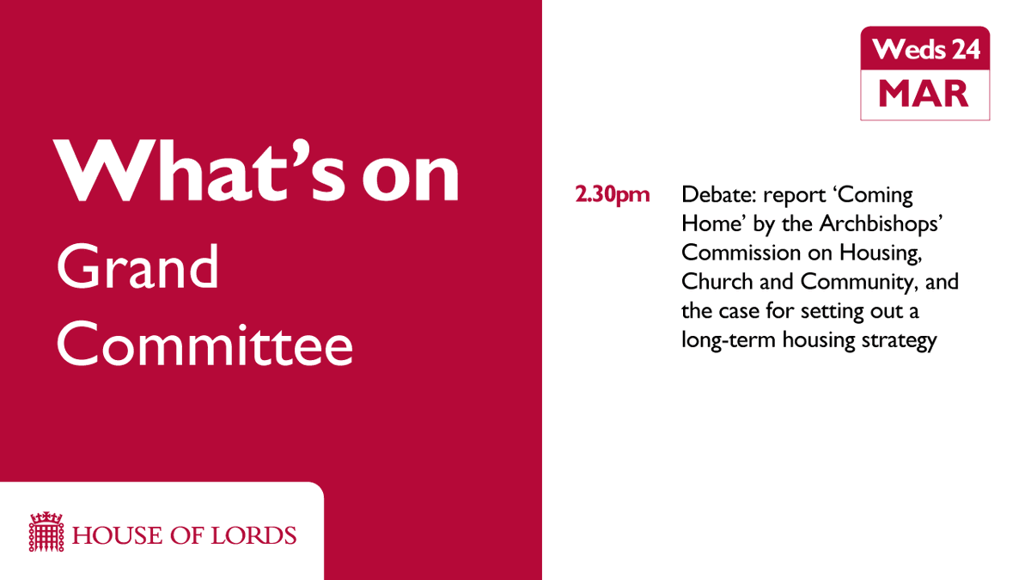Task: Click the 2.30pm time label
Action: click(x=613, y=194)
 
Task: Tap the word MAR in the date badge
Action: click(x=924, y=93)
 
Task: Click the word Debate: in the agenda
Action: click(x=713, y=194)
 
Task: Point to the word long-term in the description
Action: click(x=720, y=340)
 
